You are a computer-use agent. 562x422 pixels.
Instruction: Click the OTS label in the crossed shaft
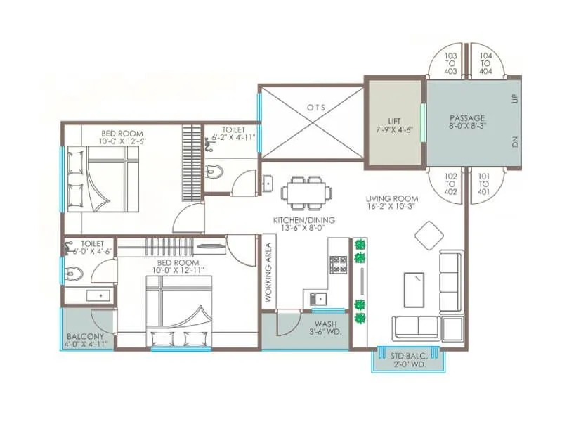coord(311,108)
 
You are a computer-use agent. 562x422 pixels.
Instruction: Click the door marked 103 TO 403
coord(450,63)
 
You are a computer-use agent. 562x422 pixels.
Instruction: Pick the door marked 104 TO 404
coord(486,63)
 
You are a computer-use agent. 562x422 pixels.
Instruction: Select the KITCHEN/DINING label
coord(303,224)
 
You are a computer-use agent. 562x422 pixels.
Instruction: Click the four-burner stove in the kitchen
coord(338,265)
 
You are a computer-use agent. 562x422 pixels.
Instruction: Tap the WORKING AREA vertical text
coord(268,273)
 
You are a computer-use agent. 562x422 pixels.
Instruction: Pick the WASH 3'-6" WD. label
coord(327,329)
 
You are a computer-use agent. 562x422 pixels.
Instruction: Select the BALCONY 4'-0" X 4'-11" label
coord(85,340)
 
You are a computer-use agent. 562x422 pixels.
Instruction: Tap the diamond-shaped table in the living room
coord(428,235)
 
